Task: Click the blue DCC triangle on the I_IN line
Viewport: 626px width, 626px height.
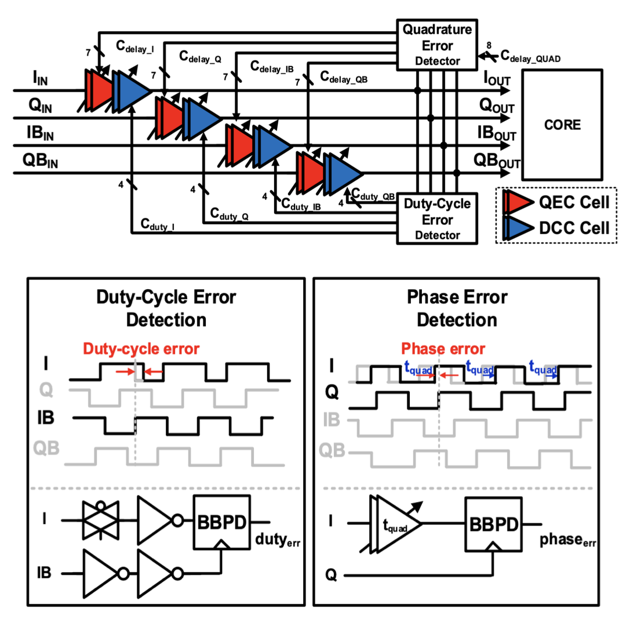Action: [x=130, y=90]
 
